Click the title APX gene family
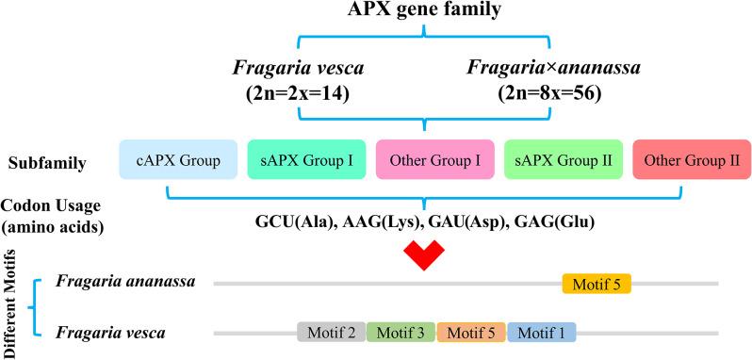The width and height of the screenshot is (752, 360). [424, 12]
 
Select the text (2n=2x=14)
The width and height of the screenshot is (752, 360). [299, 95]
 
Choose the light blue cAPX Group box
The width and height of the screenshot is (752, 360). [176, 161]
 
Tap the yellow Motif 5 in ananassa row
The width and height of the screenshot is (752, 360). [597, 283]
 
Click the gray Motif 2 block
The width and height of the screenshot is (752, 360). [331, 332]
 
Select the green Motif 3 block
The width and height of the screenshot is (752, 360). [401, 332]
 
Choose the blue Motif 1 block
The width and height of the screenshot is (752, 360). [541, 332]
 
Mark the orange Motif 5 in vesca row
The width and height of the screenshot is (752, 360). [471, 332]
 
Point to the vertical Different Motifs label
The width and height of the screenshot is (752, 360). [12, 294]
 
